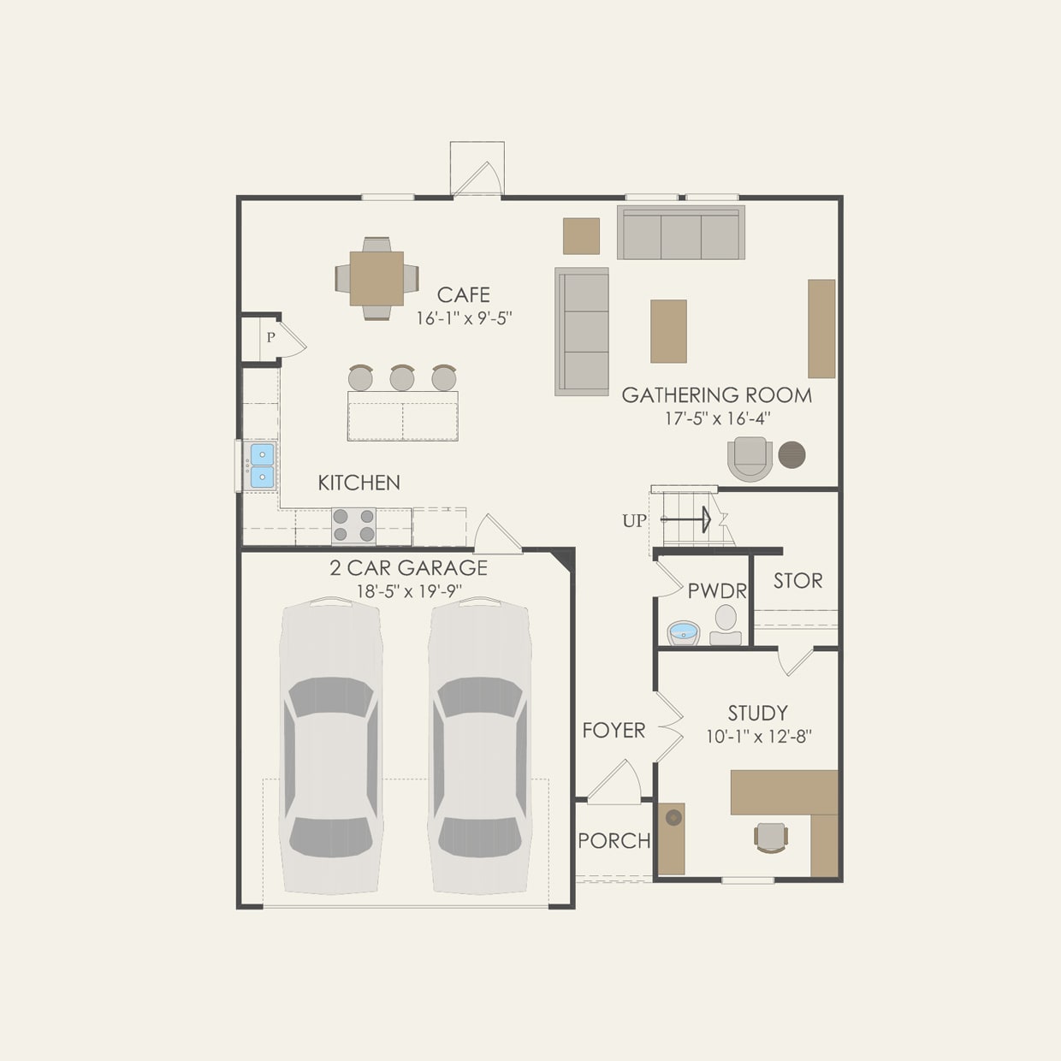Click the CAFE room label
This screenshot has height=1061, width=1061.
click(463, 295)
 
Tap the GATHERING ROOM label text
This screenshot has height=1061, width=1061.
click(716, 395)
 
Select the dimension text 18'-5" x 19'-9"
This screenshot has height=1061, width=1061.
click(409, 591)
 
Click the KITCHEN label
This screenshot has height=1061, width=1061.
click(359, 483)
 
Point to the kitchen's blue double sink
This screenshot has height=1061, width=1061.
click(262, 465)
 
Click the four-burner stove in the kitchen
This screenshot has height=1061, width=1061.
click(353, 525)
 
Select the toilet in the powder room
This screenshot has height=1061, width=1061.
click(726, 624)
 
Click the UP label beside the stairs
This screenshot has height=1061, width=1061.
click(634, 521)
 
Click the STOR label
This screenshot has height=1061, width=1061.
click(797, 581)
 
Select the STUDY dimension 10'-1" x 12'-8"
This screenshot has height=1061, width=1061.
click(759, 737)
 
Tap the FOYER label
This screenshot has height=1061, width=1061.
click(613, 731)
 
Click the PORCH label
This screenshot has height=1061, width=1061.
click(613, 841)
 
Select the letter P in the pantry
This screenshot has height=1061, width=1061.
click(270, 338)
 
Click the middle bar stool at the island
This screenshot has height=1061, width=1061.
click(402, 377)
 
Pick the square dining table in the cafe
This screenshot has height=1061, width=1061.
click(376, 278)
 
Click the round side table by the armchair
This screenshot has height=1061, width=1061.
click(791, 454)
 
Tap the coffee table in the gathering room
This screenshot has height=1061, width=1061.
click(668, 331)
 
